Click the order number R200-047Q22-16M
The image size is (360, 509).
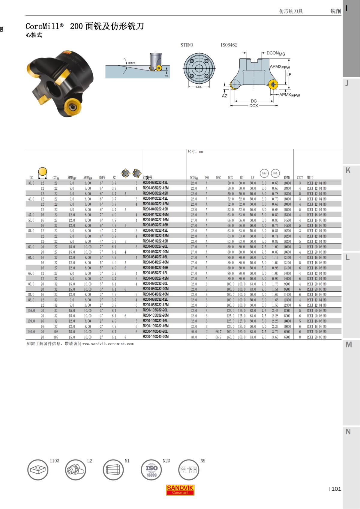click(x=155, y=215)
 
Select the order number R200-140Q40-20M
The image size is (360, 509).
click(x=155, y=337)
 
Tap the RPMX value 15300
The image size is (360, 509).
click(x=287, y=215)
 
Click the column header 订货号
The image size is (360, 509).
click(x=147, y=177)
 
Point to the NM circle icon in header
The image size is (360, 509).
click(x=264, y=173)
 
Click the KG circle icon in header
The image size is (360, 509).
click(x=275, y=173)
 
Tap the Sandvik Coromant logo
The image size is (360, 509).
click(x=180, y=490)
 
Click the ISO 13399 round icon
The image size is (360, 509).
click(x=151, y=470)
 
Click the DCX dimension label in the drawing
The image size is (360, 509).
click(x=253, y=106)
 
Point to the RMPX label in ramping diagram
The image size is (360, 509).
click(x=131, y=63)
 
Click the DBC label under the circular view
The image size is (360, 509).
click(x=199, y=87)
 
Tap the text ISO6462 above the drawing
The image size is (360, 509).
click(x=229, y=45)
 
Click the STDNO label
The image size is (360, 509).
click(x=187, y=45)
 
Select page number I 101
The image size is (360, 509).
click(x=334, y=489)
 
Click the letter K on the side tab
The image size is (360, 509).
click(x=348, y=170)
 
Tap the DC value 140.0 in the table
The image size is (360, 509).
click(x=31, y=332)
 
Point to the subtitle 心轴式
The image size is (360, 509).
click(x=34, y=35)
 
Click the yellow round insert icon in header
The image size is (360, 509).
click(x=43, y=172)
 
